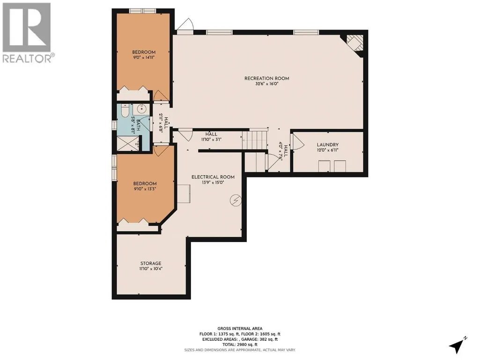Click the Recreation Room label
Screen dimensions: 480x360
pos(266,78)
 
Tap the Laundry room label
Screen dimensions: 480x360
pos(327,145)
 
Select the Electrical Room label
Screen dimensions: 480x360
pos(213,177)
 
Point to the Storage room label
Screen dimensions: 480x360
pos(151,263)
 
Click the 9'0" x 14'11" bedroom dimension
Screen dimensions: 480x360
pos(144,57)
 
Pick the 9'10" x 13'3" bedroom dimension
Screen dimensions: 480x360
pos(145,189)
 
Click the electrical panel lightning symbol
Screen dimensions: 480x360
pos(236,200)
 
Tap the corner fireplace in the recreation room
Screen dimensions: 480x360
pos(354,44)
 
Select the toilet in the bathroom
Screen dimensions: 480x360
pos(125,111)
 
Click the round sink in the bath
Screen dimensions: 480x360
pos(141,109)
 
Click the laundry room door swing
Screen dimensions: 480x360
pos(297,142)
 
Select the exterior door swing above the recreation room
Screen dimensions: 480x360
pos(185,24)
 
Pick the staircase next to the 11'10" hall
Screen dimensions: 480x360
pos(255,140)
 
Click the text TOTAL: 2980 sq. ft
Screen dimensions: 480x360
pos(240,345)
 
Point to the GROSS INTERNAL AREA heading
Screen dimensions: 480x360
pos(240,329)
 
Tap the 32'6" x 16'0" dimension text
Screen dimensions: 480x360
pos(266,84)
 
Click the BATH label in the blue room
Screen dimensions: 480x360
pos(138,125)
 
